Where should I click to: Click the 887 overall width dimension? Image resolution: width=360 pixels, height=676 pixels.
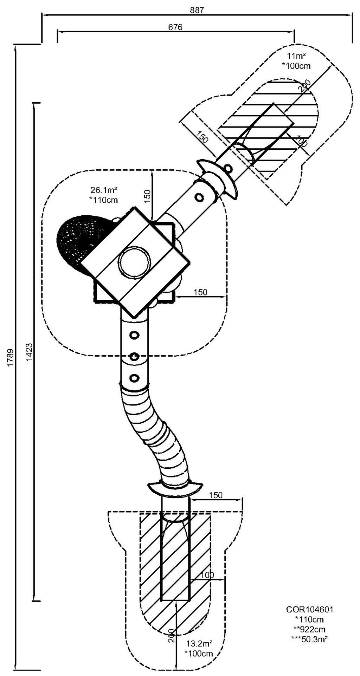click(197, 10)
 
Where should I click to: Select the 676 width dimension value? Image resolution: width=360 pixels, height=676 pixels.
click(175, 27)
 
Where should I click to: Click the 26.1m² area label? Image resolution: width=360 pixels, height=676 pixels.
click(104, 190)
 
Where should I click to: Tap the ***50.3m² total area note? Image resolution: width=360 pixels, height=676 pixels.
click(310, 636)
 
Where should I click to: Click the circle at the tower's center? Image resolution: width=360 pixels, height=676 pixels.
click(134, 262)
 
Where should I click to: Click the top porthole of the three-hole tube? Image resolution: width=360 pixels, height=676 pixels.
click(134, 335)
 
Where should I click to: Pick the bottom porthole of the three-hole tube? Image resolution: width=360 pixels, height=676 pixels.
click(134, 378)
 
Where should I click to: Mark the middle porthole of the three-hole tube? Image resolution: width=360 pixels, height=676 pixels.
click(134, 357)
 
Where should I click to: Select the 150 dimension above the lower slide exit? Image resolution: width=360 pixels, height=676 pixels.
click(216, 495)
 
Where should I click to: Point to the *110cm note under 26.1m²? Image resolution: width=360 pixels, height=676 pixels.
click(104, 200)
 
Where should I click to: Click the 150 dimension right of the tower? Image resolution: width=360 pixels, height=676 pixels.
click(200, 292)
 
